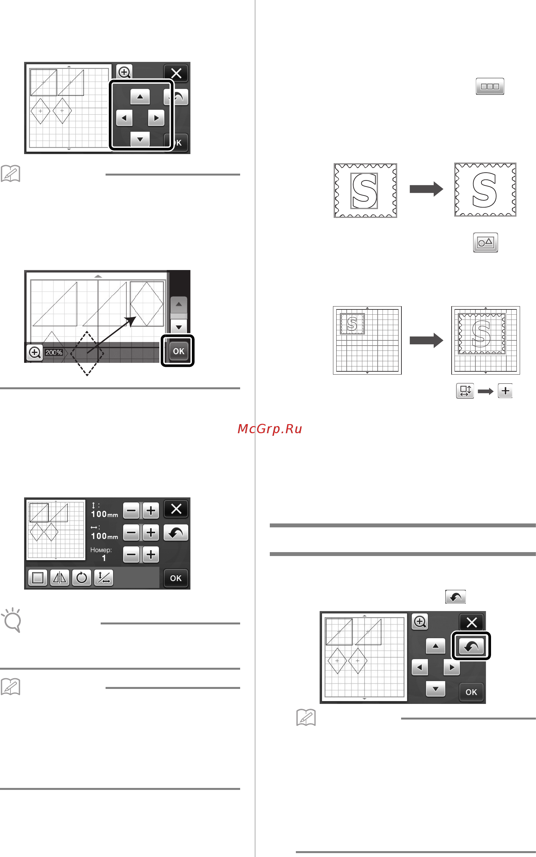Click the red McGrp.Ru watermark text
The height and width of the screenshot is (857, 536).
(270, 429)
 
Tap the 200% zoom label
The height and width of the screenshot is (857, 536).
(54, 352)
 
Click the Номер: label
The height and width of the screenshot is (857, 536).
(101, 550)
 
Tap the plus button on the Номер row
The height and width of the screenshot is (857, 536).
(151, 554)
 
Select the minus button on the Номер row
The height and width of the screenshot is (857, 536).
(131, 554)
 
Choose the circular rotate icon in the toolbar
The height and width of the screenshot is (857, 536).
(81, 578)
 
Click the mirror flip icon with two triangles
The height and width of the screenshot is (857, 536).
(60, 578)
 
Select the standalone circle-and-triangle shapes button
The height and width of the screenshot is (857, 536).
(485, 242)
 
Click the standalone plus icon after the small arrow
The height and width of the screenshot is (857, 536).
(505, 391)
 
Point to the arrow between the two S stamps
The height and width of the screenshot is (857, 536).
(426, 189)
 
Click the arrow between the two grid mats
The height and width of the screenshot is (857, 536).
(426, 340)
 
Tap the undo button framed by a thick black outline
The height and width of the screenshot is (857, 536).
(471, 646)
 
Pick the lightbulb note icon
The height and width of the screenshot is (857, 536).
(12, 620)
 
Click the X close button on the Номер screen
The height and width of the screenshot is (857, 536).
(176, 509)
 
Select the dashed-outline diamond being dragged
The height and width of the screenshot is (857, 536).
(87, 353)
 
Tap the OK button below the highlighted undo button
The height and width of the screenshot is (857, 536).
(471, 692)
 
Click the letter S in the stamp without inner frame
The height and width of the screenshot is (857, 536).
(485, 190)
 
